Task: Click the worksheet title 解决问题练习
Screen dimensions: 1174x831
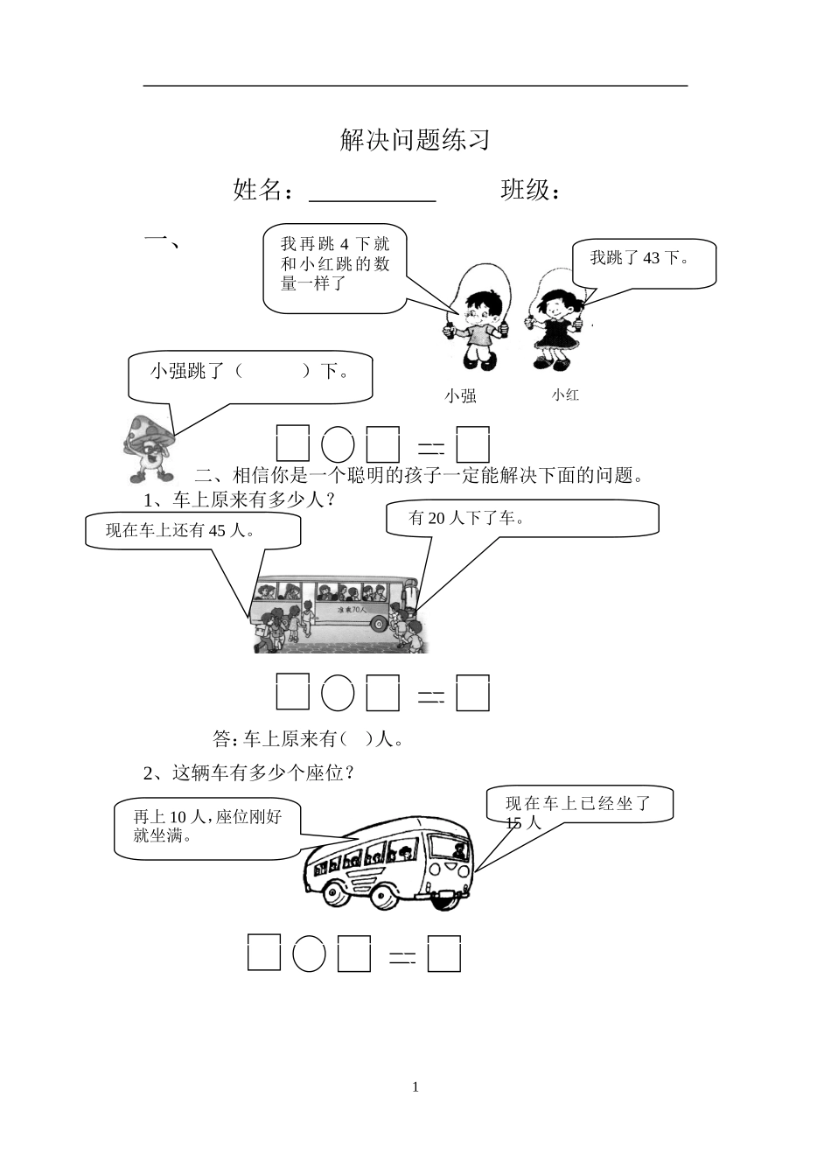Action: click(x=415, y=140)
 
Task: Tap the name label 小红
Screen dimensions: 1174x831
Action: click(x=565, y=395)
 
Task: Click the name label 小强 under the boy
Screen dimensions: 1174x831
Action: click(x=460, y=396)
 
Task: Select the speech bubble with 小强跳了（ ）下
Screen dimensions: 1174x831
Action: click(x=250, y=374)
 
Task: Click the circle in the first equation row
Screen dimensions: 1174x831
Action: click(x=338, y=446)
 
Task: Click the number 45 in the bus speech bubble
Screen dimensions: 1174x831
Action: click(x=219, y=530)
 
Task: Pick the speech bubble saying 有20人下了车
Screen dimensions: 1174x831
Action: click(x=522, y=518)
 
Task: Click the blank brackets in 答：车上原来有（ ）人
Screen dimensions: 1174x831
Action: click(x=358, y=740)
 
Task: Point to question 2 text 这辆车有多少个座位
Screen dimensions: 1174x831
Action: click(x=262, y=773)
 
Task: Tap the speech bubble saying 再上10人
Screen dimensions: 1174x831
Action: click(x=208, y=827)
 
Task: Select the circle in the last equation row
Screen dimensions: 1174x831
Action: click(x=309, y=954)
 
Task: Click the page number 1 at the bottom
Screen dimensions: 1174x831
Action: click(x=415, y=1087)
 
